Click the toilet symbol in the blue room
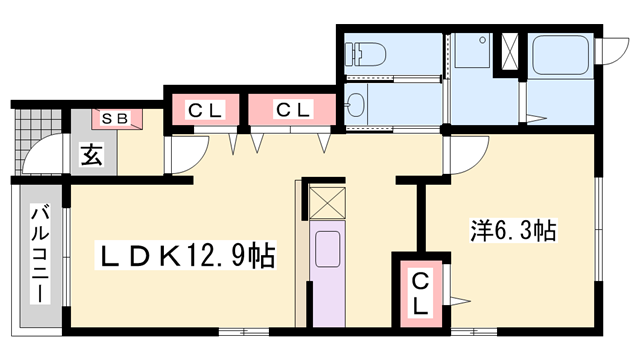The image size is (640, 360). (365, 54)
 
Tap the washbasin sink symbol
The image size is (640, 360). (355, 105)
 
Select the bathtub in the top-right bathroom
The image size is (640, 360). (560, 55)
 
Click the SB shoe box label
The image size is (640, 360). (115, 119)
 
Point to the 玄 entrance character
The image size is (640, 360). (91, 155)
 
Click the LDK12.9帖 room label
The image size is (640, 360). (185, 256)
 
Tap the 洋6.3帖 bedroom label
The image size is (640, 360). (513, 231)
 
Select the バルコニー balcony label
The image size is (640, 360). (40, 255)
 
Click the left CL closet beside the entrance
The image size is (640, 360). (206, 110)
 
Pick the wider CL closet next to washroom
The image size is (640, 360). (292, 110)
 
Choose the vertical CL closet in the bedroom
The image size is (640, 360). (420, 294)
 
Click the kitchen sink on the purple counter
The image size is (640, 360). (327, 249)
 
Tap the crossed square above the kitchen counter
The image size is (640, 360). (327, 203)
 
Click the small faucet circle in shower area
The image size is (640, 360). (483, 40)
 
